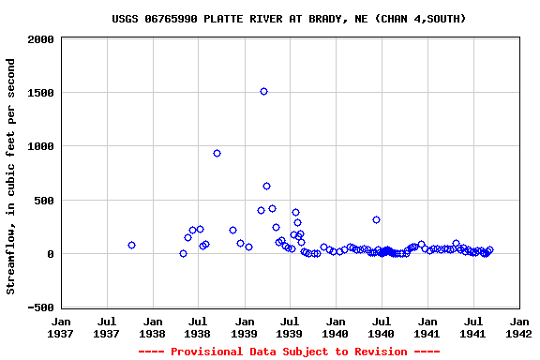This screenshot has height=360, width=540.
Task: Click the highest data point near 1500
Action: [x=263, y=91]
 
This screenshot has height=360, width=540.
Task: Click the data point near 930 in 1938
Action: [x=217, y=153]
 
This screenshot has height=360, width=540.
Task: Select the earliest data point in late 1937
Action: [x=131, y=245]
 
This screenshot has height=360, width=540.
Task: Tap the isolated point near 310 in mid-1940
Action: [x=376, y=219]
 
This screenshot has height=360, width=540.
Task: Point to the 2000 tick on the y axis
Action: [x=39, y=40]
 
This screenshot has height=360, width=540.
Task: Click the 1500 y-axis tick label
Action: [x=39, y=94]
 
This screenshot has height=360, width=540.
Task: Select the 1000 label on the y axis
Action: [x=39, y=147]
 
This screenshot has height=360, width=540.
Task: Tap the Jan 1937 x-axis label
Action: [x=60, y=326]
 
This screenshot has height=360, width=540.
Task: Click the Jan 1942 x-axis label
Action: [x=518, y=326]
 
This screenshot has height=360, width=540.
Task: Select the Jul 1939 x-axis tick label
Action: [x=290, y=326]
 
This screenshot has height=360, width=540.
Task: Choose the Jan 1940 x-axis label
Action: [x=335, y=326]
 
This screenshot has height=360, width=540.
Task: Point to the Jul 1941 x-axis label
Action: [x=473, y=326]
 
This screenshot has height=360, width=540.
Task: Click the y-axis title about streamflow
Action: [x=11, y=176]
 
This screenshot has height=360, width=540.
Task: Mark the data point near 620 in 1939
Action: [x=266, y=186]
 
